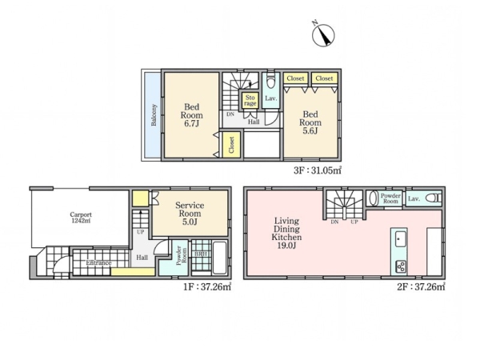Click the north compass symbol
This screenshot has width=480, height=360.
click(x=323, y=35)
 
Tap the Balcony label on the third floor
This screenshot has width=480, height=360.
click(x=154, y=114)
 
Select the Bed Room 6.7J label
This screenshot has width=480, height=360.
click(x=192, y=115)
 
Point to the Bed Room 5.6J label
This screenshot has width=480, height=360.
click(x=310, y=122)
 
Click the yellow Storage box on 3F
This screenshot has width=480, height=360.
click(x=250, y=100)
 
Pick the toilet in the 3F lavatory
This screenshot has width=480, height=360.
click(x=271, y=80)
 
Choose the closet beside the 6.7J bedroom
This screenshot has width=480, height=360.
click(x=231, y=145)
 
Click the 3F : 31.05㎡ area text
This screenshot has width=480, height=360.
click(x=318, y=170)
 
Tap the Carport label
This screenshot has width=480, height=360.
click(x=81, y=218)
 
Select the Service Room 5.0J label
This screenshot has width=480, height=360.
click(x=190, y=214)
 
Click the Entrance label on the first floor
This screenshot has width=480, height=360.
click(x=98, y=262)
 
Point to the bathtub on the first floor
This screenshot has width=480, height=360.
click(x=219, y=258)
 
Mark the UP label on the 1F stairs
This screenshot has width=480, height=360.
click(x=141, y=232)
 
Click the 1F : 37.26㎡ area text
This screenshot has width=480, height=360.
click(x=207, y=287)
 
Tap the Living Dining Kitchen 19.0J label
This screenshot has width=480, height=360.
click(x=286, y=233)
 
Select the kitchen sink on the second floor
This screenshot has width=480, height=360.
click(x=400, y=238)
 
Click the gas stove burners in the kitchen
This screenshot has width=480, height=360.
click(x=401, y=266)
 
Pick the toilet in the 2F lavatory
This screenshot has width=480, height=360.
click(x=434, y=198)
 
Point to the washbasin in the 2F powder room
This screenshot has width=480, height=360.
click(x=373, y=198)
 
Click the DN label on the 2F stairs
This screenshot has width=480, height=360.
click(x=334, y=222)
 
